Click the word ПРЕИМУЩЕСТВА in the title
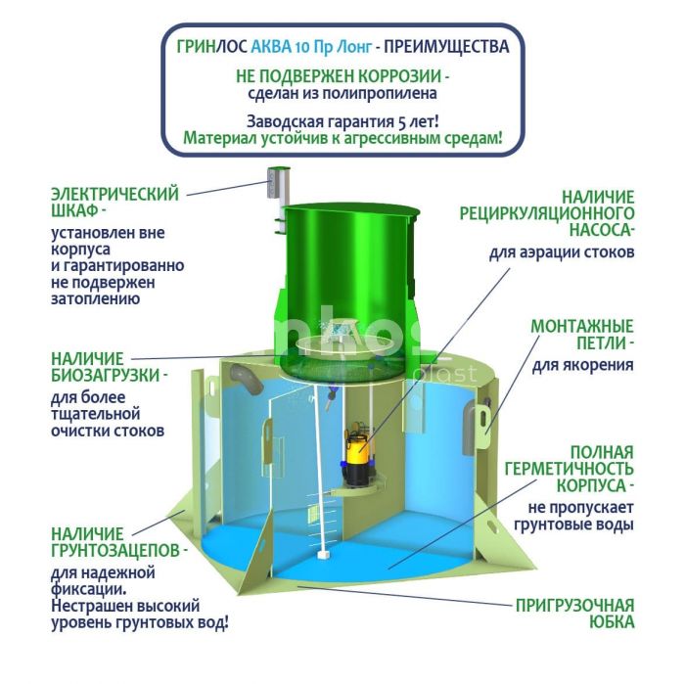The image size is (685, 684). pyautogui.click(x=446, y=47)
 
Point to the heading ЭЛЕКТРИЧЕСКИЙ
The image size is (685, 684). pyautogui.click(x=114, y=194)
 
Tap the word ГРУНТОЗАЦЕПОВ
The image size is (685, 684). pyautogui.click(x=115, y=551)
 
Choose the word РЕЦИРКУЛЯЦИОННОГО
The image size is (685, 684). pyautogui.click(x=546, y=213)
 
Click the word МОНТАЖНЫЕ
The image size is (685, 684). pyautogui.click(x=582, y=327)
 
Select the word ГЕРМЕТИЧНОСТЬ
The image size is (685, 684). pyautogui.click(x=570, y=469)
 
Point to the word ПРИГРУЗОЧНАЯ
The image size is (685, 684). pyautogui.click(x=575, y=606)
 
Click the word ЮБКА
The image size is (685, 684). pyautogui.click(x=612, y=622)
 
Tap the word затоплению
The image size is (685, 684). pyautogui.click(x=96, y=299)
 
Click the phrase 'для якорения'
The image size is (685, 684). pyautogui.click(x=583, y=364)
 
